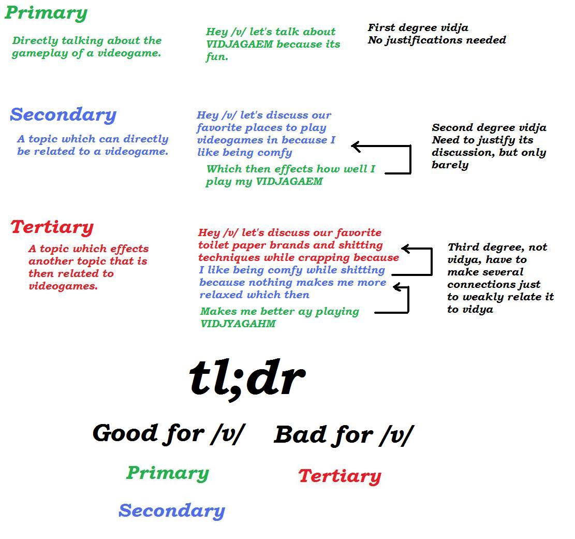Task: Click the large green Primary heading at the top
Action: point(46,13)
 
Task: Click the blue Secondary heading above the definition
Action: point(63,115)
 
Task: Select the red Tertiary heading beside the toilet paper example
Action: point(52,227)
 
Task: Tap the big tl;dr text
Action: point(247,378)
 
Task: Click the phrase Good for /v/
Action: point(169,434)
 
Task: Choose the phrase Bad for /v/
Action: point(344,435)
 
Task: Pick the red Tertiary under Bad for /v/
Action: point(340,476)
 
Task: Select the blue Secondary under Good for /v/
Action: point(172,511)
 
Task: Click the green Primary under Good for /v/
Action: point(168,473)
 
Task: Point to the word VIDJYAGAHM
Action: point(238,324)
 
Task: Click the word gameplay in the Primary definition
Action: point(40,53)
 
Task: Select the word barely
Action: point(450,165)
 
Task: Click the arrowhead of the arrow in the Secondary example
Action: point(356,147)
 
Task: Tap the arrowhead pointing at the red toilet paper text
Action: point(406,249)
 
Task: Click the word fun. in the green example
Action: point(217,57)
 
